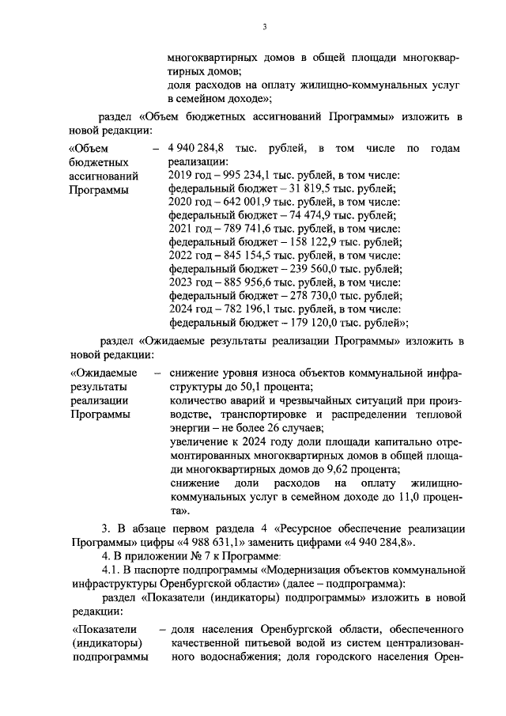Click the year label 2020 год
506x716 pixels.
point(190,202)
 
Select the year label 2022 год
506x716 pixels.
point(190,256)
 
